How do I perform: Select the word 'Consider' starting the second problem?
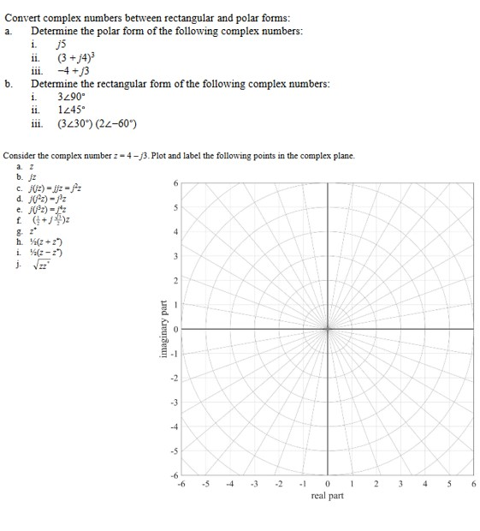coord(21,156)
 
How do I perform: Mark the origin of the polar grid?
coord(328,329)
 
